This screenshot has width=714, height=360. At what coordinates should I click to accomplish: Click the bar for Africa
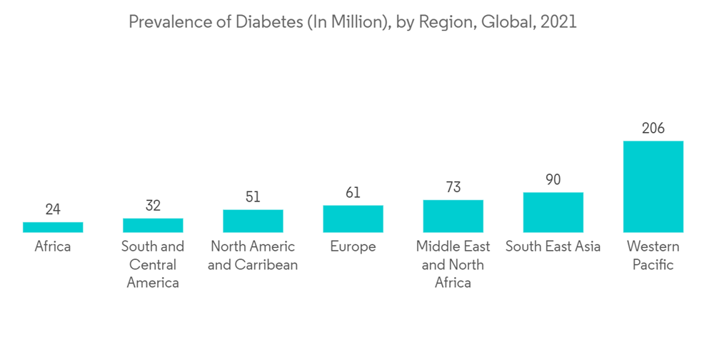53,227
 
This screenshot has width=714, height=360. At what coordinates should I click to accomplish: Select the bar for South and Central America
153,226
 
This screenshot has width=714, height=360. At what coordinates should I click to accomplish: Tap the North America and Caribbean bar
253,221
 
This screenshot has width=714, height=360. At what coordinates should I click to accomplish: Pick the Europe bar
353,219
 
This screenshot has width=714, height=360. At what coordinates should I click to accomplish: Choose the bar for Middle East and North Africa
453,216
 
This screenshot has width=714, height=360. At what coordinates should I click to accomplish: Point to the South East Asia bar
553,212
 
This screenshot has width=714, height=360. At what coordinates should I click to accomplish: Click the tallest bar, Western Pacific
653,186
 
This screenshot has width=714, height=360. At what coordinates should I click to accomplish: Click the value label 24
53,209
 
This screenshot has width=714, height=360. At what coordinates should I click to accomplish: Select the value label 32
153,206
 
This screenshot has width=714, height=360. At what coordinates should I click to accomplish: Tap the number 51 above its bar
253,197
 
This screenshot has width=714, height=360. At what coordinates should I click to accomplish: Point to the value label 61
353,193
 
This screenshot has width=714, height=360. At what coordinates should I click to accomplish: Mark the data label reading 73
453,187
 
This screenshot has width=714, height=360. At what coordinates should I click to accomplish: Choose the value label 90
553,180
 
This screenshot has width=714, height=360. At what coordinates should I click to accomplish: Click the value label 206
653,129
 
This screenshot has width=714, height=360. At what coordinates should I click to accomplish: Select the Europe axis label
353,247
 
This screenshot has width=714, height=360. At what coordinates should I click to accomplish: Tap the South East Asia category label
553,247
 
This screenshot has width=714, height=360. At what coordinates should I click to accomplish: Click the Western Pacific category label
653,256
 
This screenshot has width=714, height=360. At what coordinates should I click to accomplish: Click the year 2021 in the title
558,22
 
